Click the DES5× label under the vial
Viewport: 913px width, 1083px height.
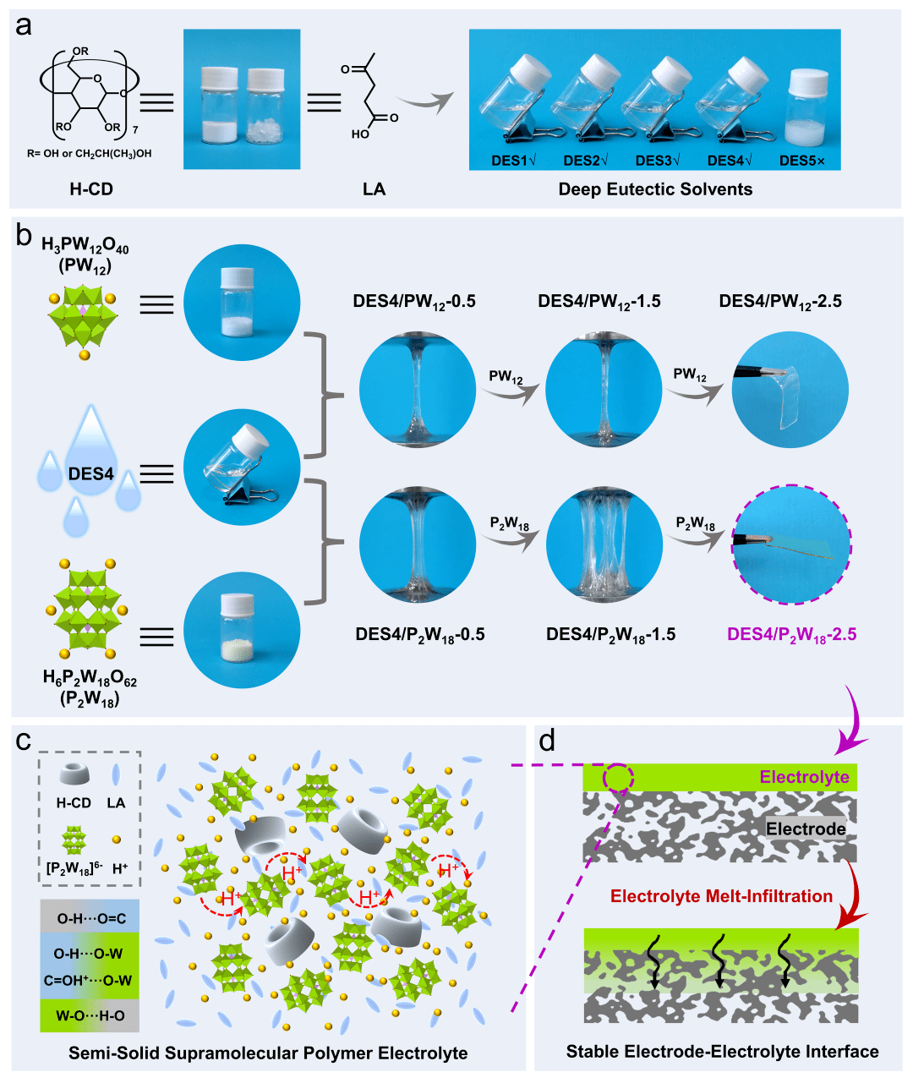(x=801, y=161)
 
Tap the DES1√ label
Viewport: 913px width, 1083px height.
(x=514, y=161)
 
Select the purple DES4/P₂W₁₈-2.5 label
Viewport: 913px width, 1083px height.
(x=792, y=634)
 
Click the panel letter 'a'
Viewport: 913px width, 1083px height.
(x=25, y=26)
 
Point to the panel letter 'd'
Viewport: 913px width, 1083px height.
(x=548, y=741)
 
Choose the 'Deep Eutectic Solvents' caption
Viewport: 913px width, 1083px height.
(x=655, y=189)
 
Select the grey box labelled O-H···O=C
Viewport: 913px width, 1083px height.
(x=90, y=918)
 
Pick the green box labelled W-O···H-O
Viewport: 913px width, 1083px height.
(x=90, y=1015)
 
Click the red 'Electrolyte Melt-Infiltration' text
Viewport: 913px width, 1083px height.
(x=721, y=896)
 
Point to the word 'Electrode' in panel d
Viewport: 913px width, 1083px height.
(x=806, y=829)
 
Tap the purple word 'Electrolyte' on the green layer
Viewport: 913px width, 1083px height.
(x=804, y=777)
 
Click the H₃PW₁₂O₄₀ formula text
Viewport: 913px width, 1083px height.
(x=85, y=246)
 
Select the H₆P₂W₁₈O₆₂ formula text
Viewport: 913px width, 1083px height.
(x=90, y=678)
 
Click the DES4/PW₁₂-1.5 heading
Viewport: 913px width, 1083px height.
(x=599, y=301)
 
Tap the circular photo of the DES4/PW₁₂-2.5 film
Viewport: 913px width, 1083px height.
(x=790, y=390)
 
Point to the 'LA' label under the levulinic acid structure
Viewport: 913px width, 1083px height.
(x=374, y=189)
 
